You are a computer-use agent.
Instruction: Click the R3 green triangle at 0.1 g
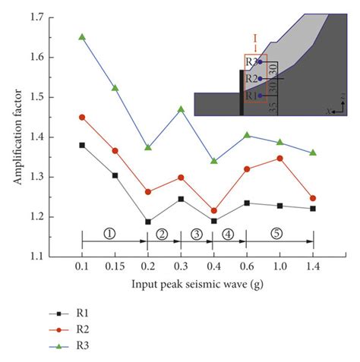tap(82, 36)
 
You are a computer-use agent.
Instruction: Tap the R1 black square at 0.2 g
tap(147, 222)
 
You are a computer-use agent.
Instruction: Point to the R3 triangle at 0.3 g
tap(181, 109)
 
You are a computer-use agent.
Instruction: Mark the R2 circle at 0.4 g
tap(213, 210)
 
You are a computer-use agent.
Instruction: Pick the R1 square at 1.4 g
tap(312, 209)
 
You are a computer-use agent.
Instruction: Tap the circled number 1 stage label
tap(110, 233)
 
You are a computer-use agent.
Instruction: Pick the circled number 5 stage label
tap(277, 233)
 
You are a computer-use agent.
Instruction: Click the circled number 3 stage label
tap(197, 233)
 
